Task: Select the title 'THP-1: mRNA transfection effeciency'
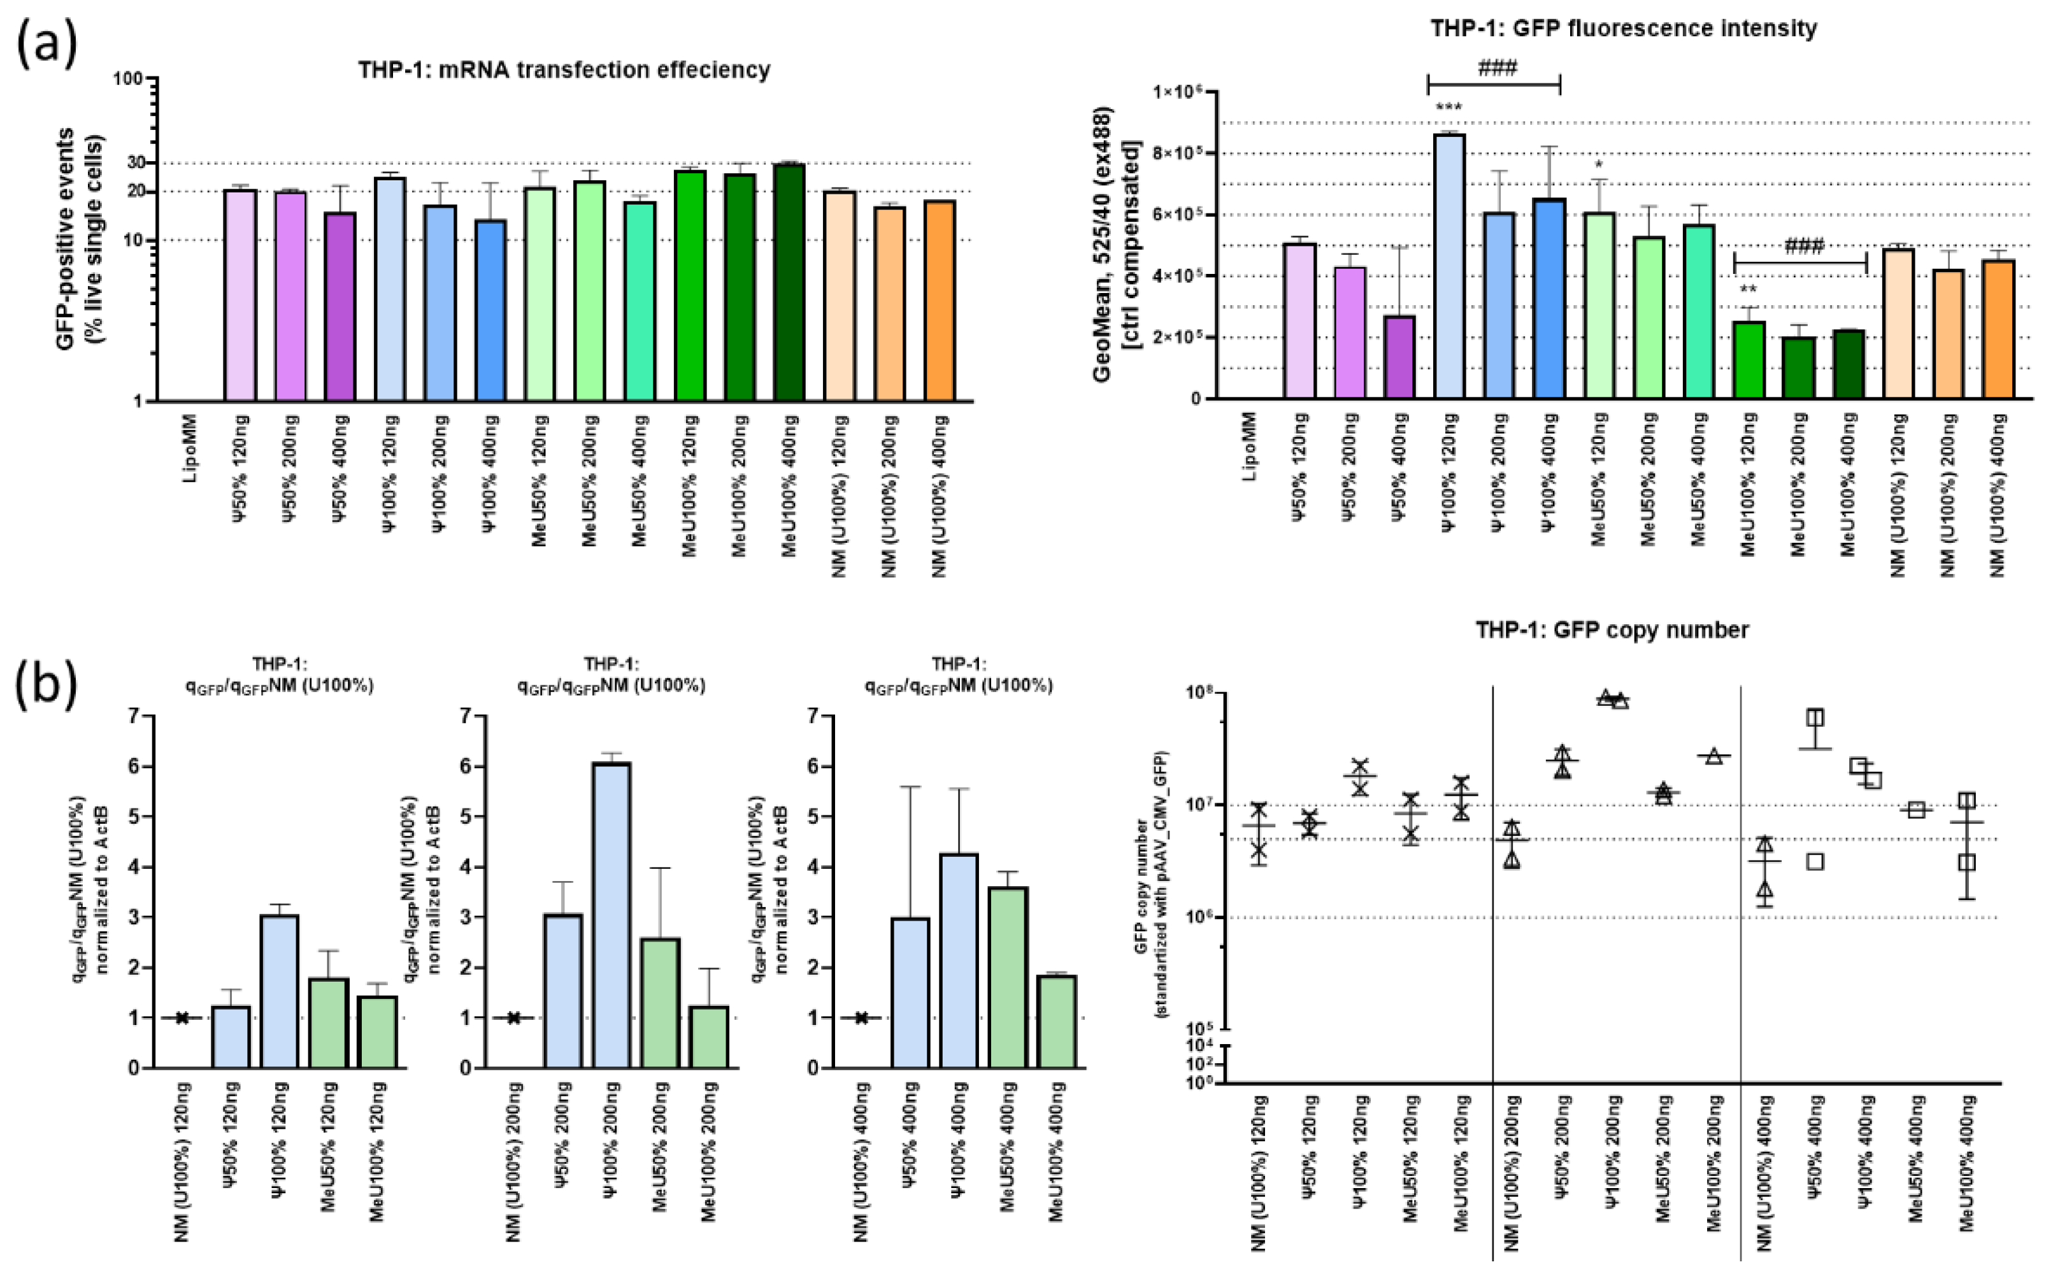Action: [563, 69]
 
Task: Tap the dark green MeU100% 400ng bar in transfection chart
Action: [789, 283]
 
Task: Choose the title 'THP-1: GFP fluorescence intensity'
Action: [1623, 28]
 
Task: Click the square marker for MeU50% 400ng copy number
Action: [1915, 810]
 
